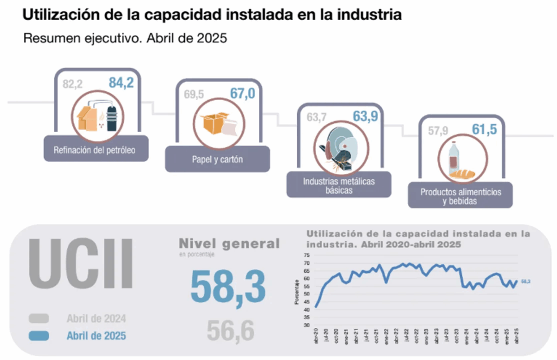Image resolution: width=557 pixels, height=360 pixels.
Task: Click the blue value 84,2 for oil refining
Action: [x=121, y=83]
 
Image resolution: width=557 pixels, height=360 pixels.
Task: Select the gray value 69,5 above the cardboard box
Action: [x=194, y=95]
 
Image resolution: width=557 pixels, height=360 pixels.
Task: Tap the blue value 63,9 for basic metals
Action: [x=365, y=116]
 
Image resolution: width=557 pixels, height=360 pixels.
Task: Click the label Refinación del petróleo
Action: [x=95, y=150]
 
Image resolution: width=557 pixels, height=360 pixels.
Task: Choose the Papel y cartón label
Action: [x=217, y=160]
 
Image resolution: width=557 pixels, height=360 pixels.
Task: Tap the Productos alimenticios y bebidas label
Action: [x=460, y=196]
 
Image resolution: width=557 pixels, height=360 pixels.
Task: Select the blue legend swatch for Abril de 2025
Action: [x=39, y=336]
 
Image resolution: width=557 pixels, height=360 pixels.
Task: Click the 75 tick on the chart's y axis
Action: [x=306, y=255]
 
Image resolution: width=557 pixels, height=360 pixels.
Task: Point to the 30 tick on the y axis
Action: [x=306, y=325]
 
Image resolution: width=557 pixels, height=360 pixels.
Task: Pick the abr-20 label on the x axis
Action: [x=315, y=337]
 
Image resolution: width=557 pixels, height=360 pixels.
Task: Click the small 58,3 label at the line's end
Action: [x=525, y=282]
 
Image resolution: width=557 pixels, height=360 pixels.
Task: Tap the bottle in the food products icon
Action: [x=453, y=158]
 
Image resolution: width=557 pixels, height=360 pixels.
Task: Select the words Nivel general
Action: [x=229, y=243]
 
